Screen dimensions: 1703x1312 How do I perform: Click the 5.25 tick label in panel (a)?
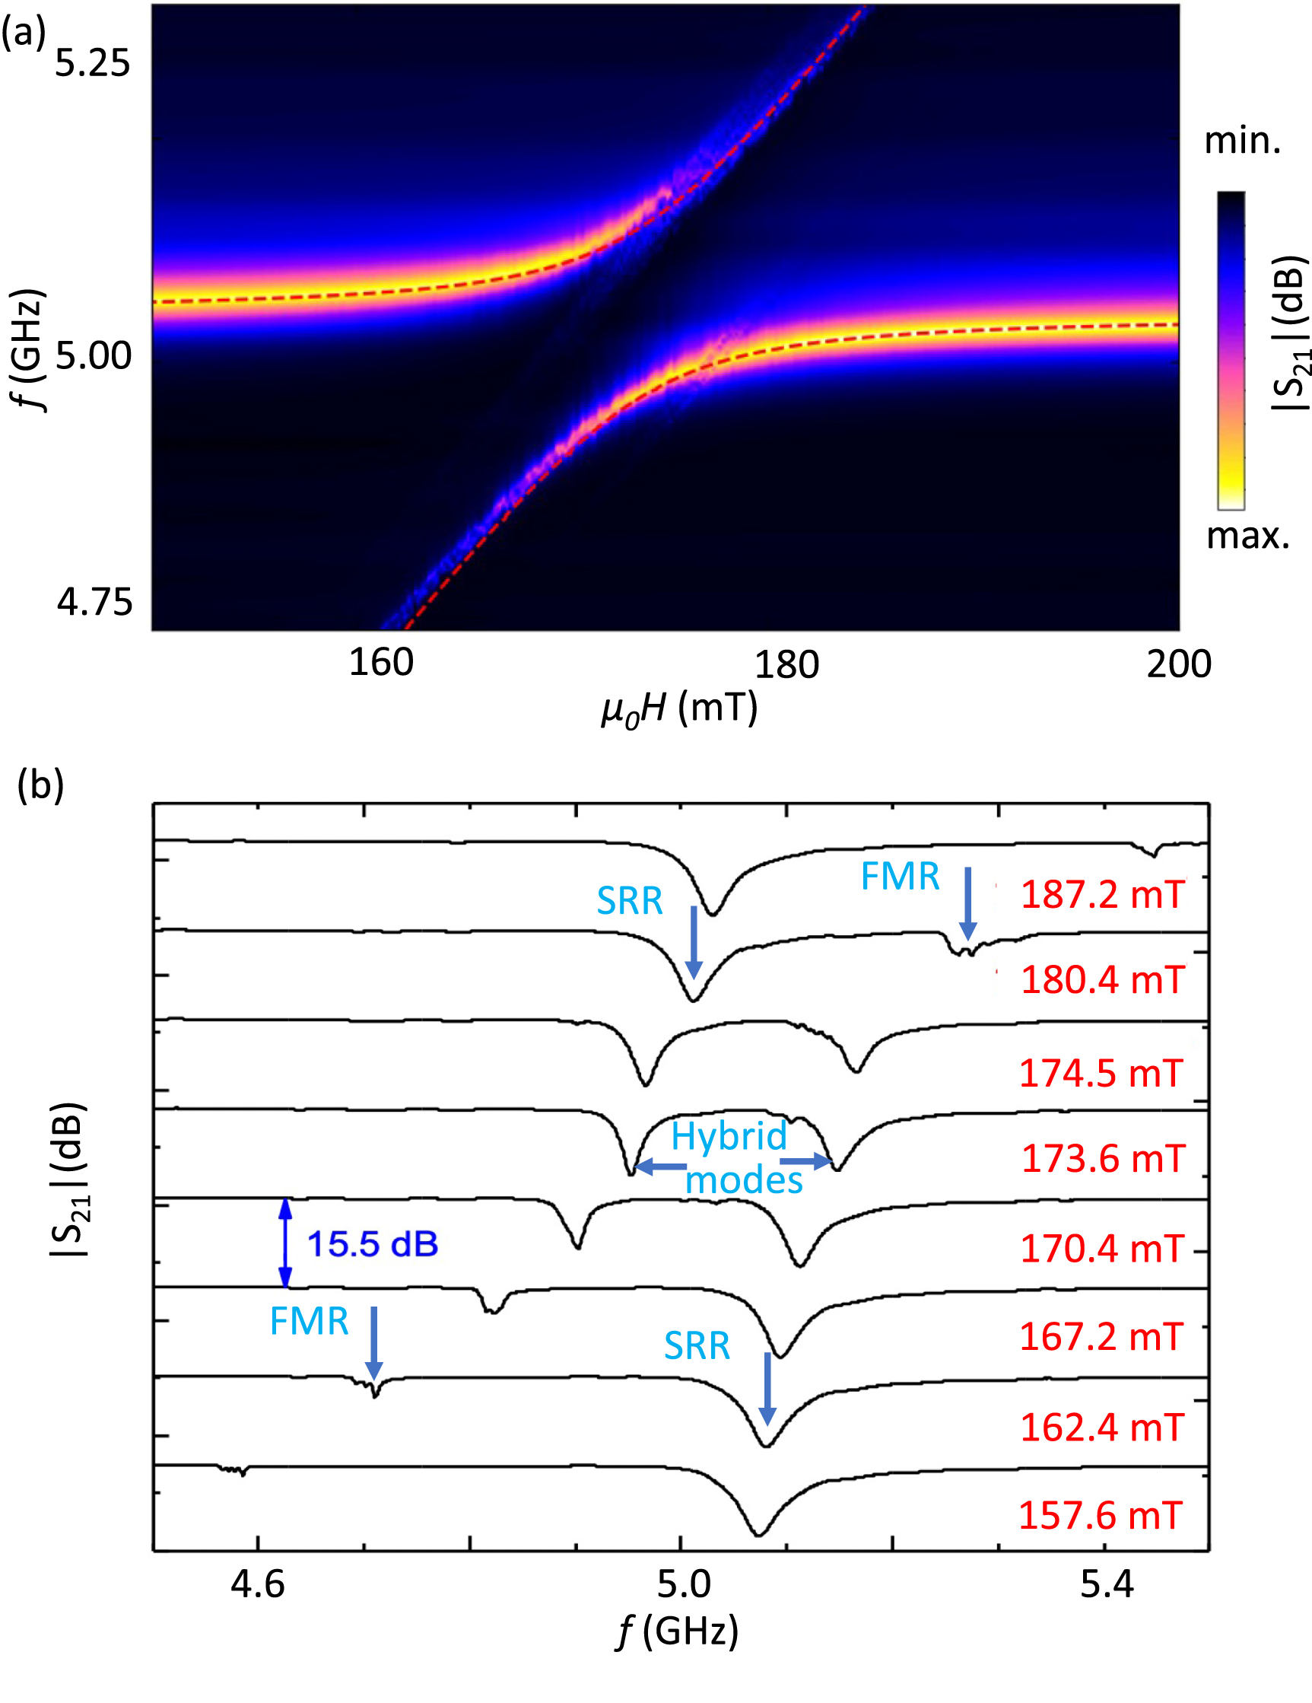pos(92,63)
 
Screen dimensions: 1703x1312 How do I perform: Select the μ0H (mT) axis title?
pos(679,708)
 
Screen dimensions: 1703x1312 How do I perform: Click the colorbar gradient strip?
pos(1231,350)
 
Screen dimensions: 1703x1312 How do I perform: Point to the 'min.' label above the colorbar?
pos(1243,141)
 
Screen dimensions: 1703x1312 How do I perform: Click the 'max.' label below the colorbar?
pos(1248,536)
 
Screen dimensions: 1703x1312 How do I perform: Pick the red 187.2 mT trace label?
pos(1102,894)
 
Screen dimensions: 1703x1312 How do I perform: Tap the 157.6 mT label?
pos(1101,1515)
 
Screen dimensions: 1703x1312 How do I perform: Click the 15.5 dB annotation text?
pos(373,1243)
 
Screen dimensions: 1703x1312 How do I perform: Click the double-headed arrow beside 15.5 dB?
pos(285,1243)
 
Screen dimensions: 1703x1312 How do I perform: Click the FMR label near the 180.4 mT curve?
pos(900,877)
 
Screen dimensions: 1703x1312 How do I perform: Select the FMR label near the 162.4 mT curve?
pos(309,1321)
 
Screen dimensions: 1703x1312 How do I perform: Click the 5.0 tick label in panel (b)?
pos(684,1584)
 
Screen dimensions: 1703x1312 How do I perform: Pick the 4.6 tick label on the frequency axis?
pos(258,1584)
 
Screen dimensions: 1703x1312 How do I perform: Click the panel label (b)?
pos(40,785)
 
